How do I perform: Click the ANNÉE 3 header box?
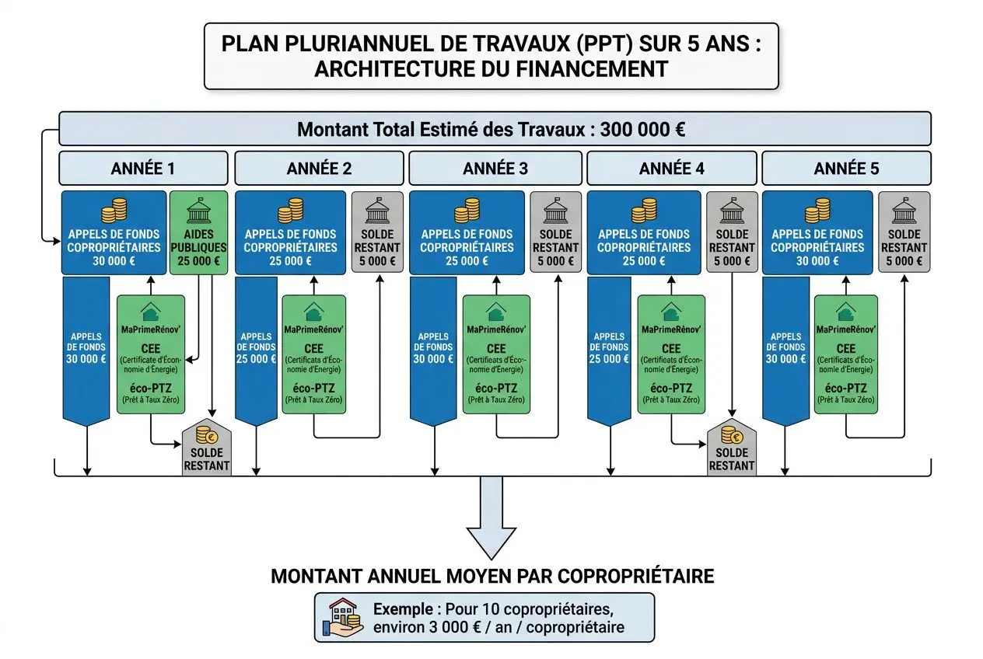495,168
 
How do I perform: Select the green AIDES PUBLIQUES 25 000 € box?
198,232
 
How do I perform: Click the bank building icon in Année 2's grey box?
377,211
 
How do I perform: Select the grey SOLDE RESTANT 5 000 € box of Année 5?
904,232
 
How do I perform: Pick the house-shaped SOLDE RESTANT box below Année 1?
207,450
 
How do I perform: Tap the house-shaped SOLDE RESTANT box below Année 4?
731,450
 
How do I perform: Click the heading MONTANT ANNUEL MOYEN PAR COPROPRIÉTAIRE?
491,577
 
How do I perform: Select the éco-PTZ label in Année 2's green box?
313,388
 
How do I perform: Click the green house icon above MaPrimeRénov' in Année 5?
845,312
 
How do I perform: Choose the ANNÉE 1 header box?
143,168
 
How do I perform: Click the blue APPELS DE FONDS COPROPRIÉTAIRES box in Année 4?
644,232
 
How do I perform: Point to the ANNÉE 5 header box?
846,168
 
